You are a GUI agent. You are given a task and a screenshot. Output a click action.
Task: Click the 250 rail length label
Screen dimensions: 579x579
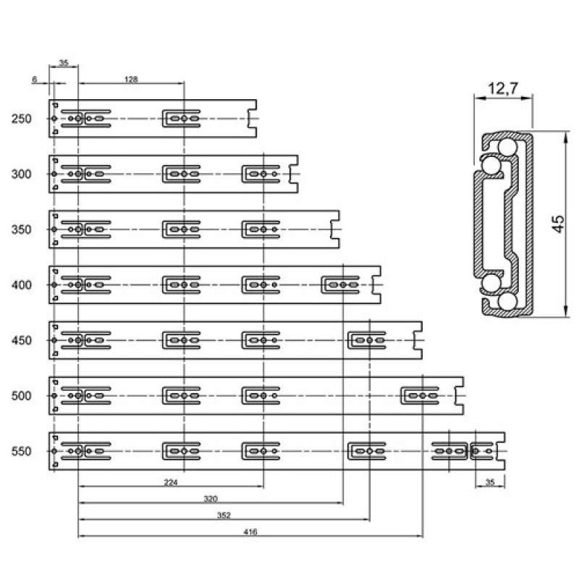(x=21, y=119)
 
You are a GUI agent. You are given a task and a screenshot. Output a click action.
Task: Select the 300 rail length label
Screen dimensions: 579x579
(x=21, y=174)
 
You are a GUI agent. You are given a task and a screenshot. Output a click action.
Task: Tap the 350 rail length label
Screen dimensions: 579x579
(x=21, y=229)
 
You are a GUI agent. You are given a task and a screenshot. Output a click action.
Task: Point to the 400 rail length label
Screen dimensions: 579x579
(x=21, y=285)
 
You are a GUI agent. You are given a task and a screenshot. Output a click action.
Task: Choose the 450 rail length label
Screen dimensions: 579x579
(x=21, y=340)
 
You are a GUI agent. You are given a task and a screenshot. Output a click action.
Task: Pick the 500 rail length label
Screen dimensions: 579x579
(x=21, y=396)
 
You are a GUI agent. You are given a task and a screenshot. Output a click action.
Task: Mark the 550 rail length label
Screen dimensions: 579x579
(x=21, y=451)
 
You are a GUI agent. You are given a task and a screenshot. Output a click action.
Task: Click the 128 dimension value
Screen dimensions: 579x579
(x=131, y=79)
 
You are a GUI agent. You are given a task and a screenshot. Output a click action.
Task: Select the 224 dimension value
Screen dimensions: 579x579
(x=171, y=482)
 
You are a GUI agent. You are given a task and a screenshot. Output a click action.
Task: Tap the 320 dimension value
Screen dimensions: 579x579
(x=211, y=499)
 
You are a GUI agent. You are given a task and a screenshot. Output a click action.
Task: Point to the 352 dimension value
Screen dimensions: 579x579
(x=224, y=515)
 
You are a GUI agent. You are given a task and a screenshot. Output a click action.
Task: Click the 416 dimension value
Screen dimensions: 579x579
(x=250, y=532)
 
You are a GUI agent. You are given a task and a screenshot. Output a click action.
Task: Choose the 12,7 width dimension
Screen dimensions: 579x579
(x=503, y=88)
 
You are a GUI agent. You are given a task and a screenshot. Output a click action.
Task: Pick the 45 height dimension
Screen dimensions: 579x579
(x=558, y=224)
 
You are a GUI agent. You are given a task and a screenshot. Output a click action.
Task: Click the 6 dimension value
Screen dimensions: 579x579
(x=34, y=79)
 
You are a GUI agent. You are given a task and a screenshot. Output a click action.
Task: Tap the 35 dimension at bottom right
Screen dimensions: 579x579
(x=490, y=482)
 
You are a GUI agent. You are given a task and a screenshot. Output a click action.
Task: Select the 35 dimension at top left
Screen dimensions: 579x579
(x=64, y=63)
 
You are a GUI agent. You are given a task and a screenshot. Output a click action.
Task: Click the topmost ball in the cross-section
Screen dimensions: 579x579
(x=508, y=148)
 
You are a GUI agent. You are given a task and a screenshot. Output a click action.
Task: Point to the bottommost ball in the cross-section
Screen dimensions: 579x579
(x=507, y=301)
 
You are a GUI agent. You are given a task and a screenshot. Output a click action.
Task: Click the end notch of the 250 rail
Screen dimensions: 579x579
(x=252, y=119)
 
